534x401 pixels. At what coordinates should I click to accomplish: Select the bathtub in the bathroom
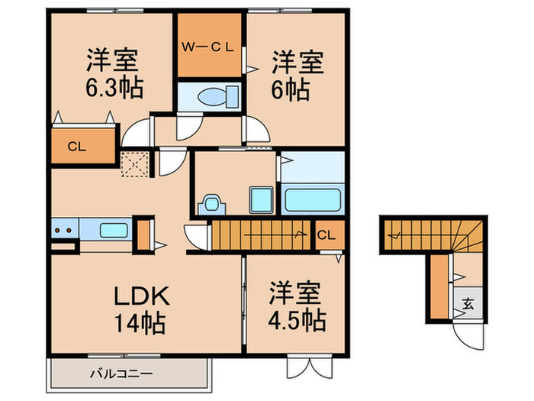click(312, 200)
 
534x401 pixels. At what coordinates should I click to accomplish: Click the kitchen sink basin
click(114, 229)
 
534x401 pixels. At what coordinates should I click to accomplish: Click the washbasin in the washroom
click(211, 204)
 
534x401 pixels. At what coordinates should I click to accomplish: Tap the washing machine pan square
click(262, 200)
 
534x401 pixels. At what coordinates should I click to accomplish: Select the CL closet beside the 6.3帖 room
click(76, 146)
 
